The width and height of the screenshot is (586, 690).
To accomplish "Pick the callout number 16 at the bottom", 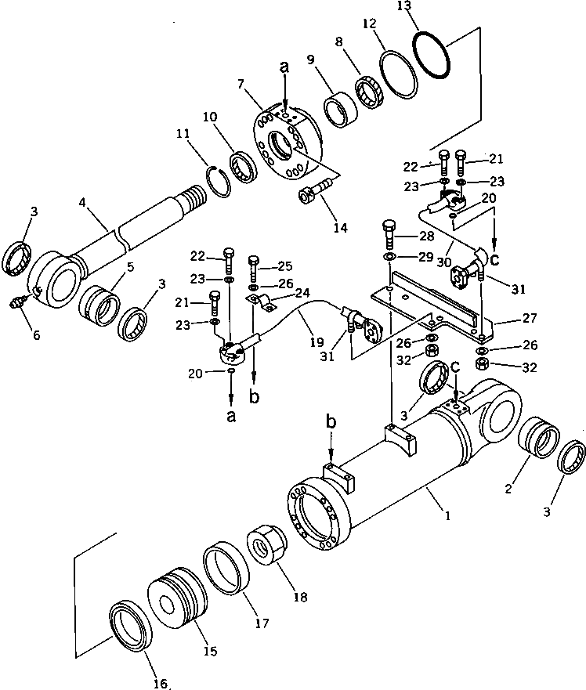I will tap(160, 683).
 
